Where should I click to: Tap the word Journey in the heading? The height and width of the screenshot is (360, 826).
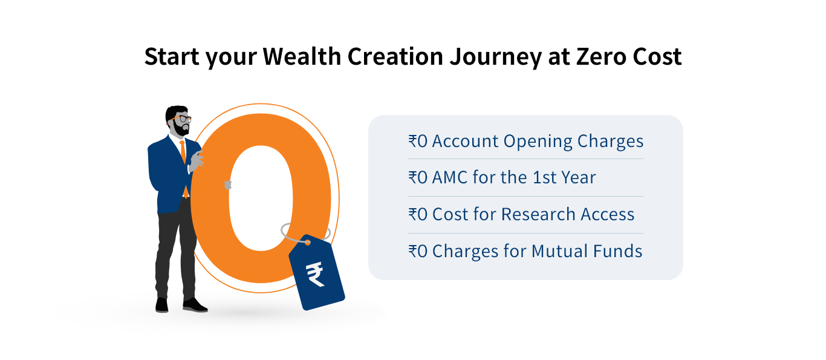tap(497, 57)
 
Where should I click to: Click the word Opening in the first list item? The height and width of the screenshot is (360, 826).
tap(538, 142)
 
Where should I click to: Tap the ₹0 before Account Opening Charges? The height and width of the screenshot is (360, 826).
tap(417, 142)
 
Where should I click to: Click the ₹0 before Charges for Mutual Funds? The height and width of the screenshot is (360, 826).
tap(417, 251)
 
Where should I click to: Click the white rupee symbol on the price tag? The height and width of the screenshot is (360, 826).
tap(316, 275)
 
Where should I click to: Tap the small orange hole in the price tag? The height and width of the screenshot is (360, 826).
tap(307, 243)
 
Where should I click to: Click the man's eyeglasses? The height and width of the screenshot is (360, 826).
tap(183, 119)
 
